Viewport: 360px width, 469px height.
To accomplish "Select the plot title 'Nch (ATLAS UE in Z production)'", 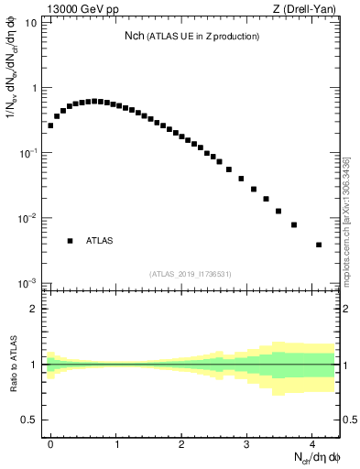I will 192,36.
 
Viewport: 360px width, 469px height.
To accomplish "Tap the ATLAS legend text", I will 100,241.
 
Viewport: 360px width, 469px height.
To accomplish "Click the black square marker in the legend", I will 70,241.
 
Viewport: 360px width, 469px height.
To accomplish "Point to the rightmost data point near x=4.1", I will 319,245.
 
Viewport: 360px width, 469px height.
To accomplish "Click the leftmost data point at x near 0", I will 50,125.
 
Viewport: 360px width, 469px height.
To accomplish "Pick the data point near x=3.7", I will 294,224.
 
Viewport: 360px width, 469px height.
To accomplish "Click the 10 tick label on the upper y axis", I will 31,23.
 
